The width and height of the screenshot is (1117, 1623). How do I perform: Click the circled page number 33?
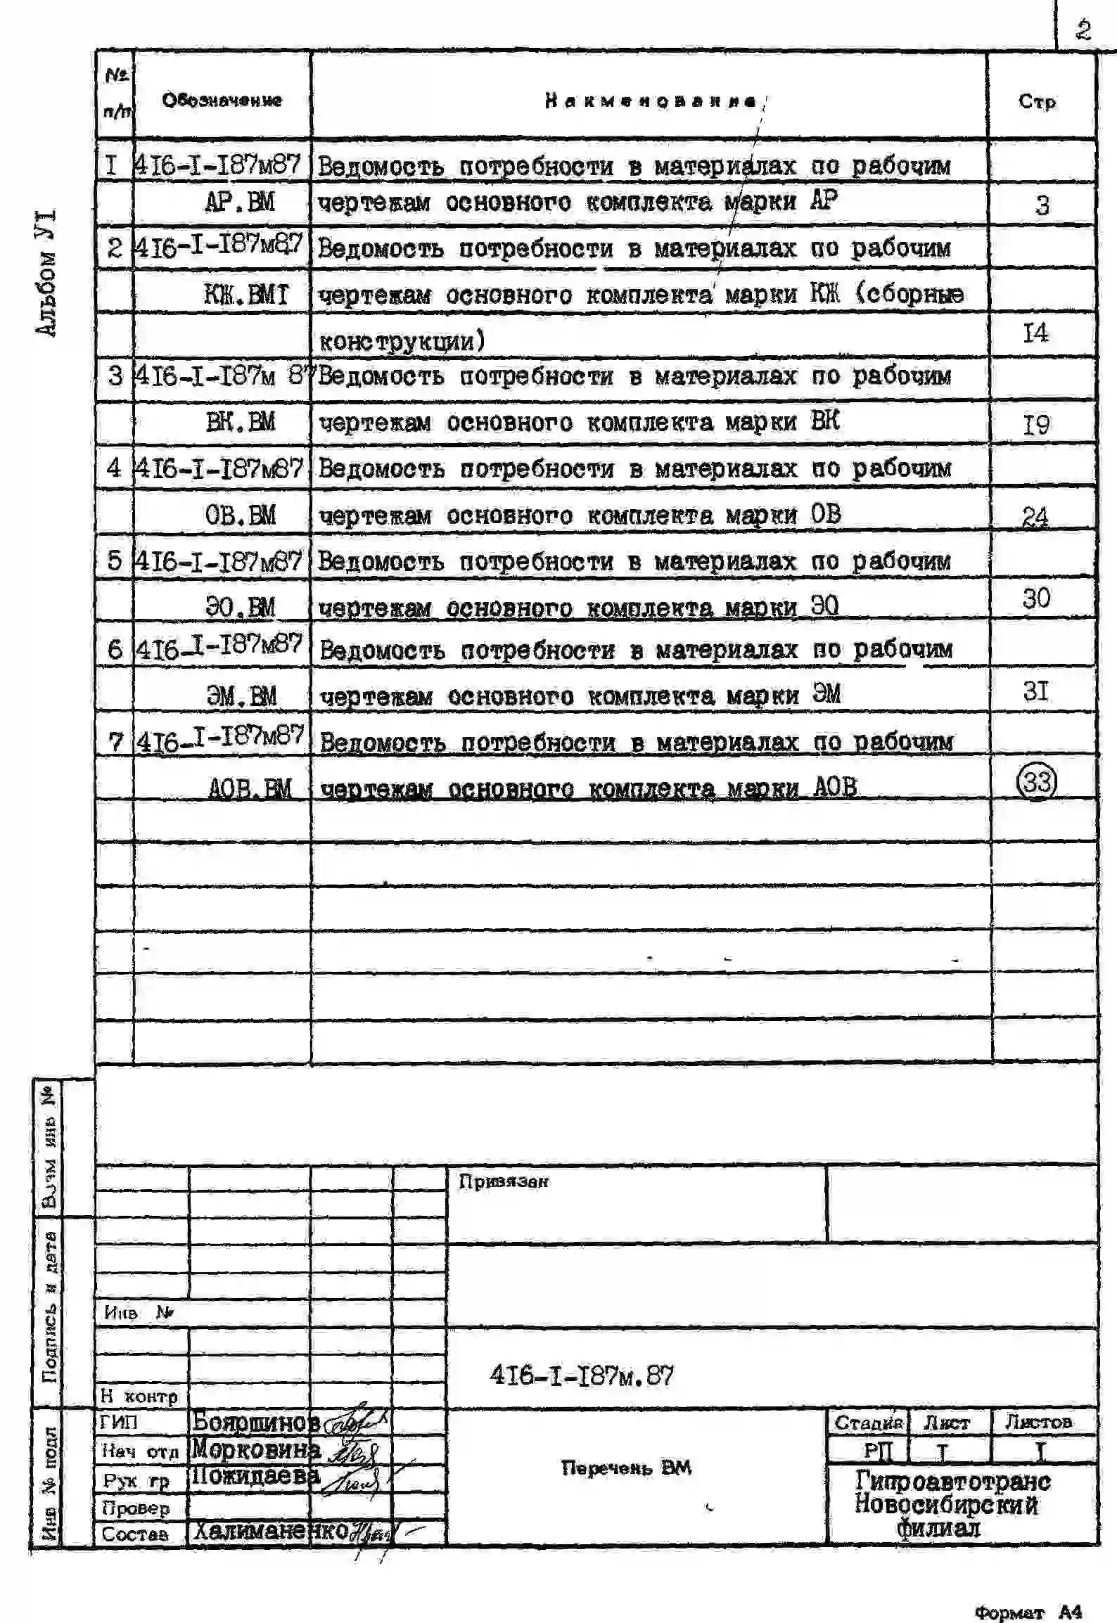(1037, 781)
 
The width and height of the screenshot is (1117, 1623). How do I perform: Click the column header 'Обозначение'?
(222, 100)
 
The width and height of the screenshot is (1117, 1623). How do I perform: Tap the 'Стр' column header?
(1037, 101)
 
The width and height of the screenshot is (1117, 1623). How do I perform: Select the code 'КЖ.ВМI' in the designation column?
(246, 294)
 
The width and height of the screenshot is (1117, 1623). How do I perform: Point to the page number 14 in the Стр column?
(1035, 332)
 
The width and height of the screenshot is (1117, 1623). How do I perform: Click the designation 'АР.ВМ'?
(239, 203)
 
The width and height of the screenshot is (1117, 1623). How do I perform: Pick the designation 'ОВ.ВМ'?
(240, 515)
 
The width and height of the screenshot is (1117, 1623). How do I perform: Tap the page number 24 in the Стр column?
(1035, 517)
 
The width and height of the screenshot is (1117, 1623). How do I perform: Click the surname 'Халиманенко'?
(271, 1531)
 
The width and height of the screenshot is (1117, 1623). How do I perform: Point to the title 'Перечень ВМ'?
(626, 1468)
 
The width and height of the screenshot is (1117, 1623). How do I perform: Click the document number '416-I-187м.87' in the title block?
(581, 1375)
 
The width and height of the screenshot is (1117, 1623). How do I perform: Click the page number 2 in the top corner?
(1083, 30)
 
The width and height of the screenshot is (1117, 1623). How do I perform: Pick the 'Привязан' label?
(503, 1181)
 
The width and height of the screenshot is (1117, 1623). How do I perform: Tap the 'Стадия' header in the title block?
(868, 1423)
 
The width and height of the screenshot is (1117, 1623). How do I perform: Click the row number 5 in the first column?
(115, 560)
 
